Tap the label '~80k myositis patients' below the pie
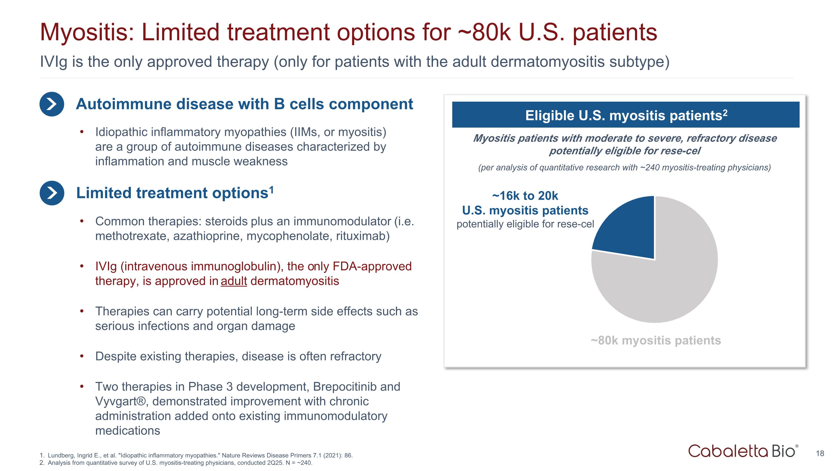pos(656,340)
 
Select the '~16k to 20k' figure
pos(525,196)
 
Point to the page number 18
pos(820,453)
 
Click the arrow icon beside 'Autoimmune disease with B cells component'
pos(52,104)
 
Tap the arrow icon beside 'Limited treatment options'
pos(52,193)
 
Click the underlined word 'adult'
pos(234,281)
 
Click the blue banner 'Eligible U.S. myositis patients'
pos(626,115)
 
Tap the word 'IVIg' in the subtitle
pos(53,62)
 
